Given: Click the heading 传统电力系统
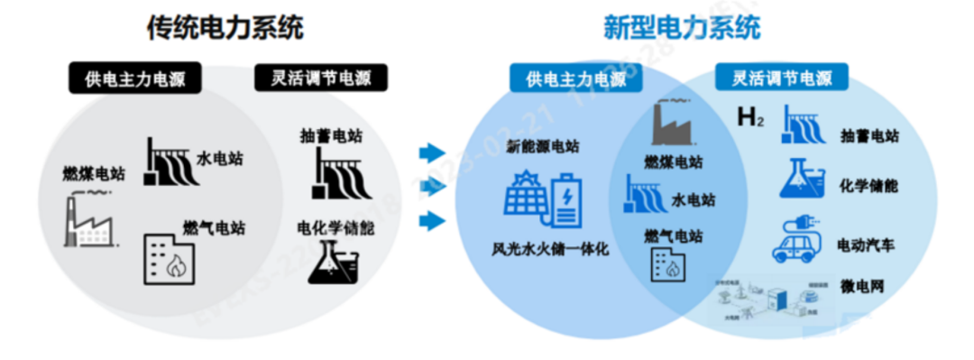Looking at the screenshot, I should point(225,29).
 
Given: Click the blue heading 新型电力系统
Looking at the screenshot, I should point(682,29).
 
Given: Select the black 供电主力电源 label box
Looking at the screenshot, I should point(135,78).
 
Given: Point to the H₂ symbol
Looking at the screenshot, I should point(749,118).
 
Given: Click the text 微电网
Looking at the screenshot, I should point(861,287).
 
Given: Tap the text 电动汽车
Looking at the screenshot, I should point(867,245).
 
